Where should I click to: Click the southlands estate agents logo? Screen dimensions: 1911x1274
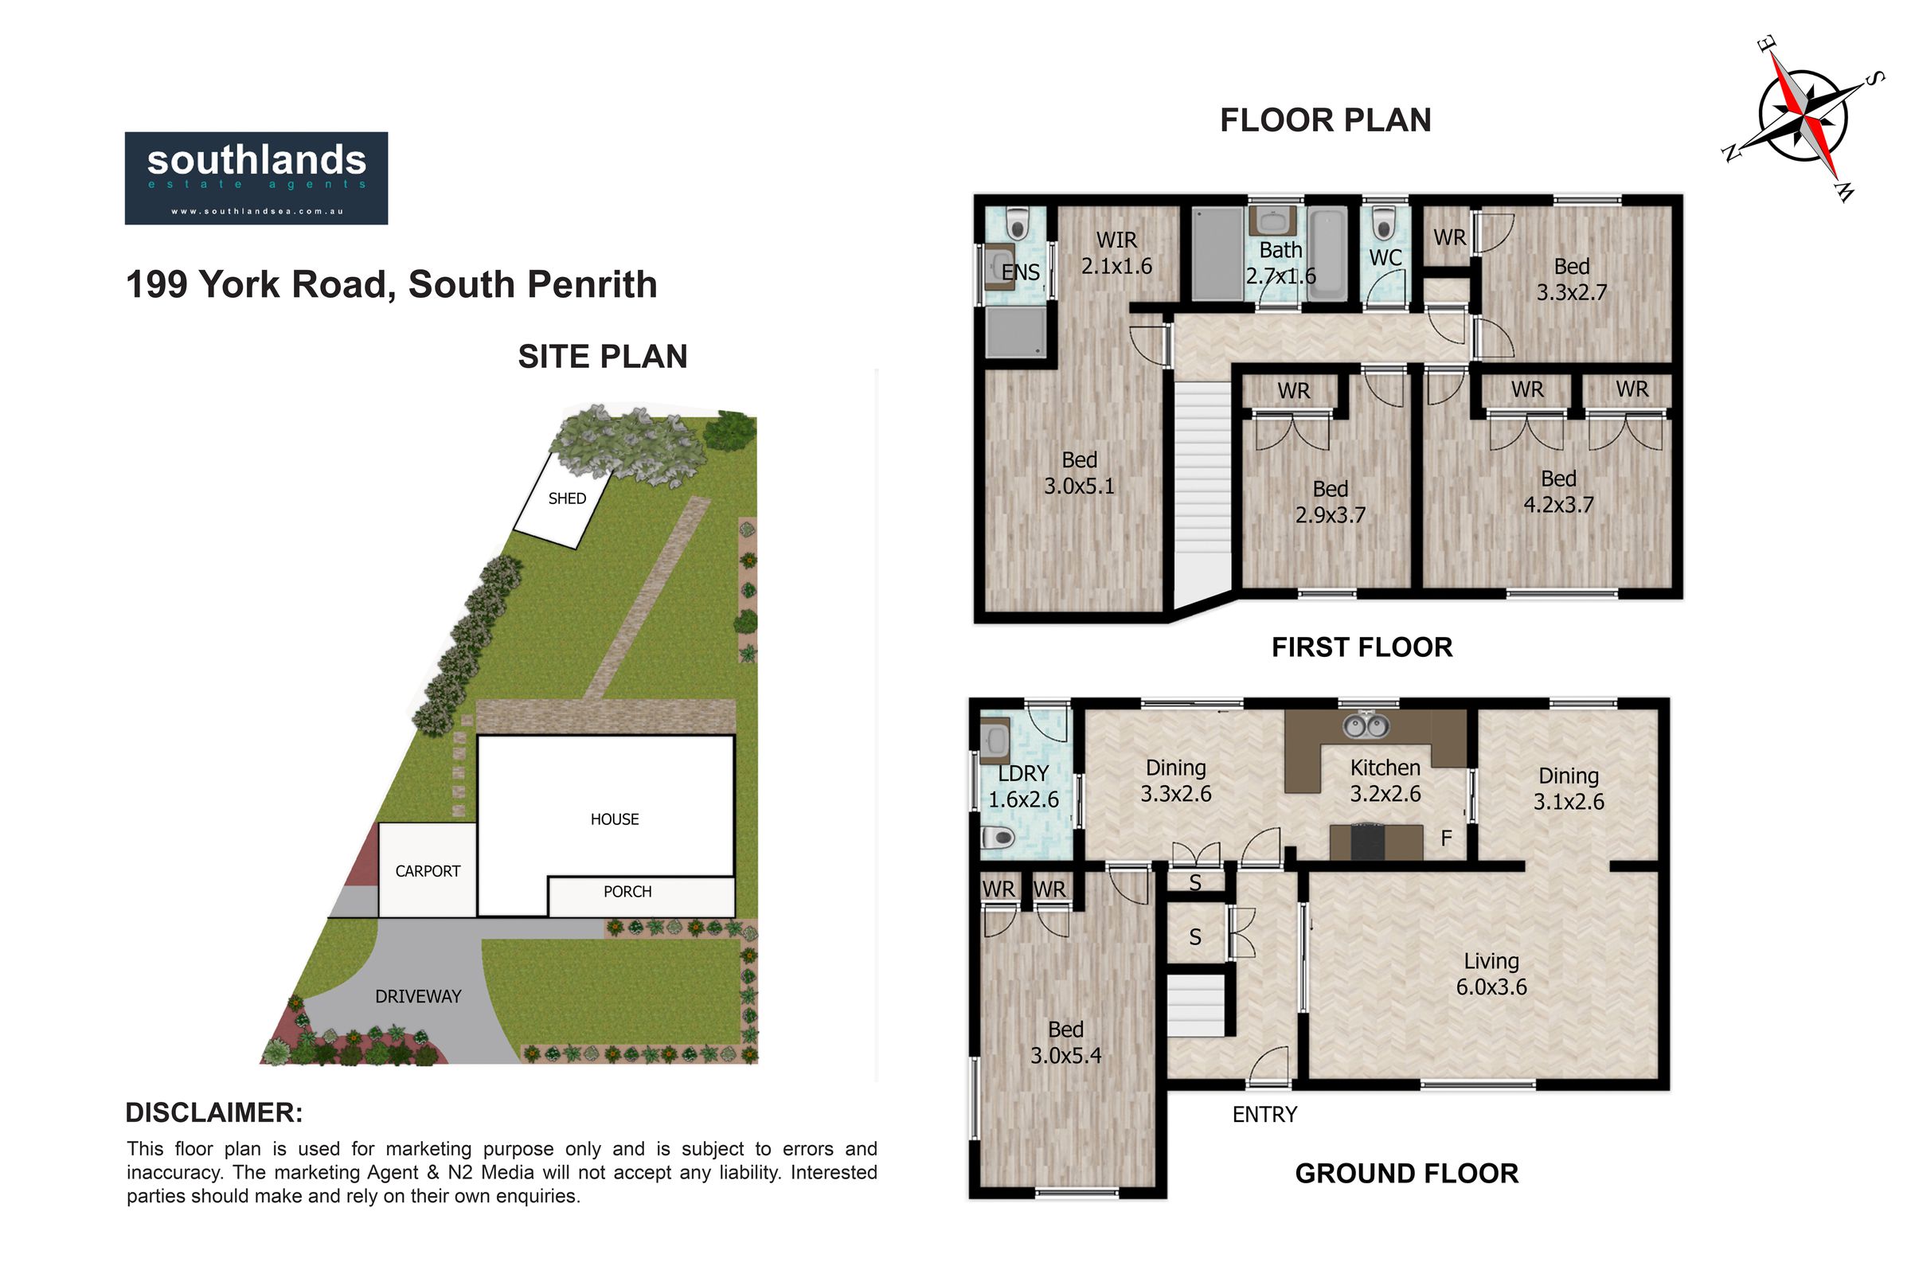(x=256, y=178)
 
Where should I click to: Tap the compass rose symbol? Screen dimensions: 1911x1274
(x=1803, y=119)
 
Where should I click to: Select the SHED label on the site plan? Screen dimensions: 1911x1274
(x=567, y=498)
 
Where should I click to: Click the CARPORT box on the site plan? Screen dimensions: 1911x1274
(x=428, y=870)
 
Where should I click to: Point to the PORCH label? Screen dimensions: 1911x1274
(x=627, y=891)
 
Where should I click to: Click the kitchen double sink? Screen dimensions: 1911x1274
(x=1366, y=725)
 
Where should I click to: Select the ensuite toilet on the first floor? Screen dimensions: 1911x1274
(x=1017, y=223)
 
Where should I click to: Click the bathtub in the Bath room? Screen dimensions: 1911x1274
(x=1328, y=256)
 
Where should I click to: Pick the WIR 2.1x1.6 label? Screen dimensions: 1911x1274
(x=1116, y=252)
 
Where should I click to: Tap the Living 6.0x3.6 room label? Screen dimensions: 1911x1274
(x=1491, y=973)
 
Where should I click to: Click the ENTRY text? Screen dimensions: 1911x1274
(x=1264, y=1115)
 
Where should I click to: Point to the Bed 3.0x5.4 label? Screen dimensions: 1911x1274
(x=1066, y=1042)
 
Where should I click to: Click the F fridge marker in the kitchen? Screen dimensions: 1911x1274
(x=1446, y=838)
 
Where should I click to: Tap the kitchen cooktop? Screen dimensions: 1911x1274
(x=1368, y=842)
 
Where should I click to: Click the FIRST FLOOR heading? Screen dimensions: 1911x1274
(x=1362, y=647)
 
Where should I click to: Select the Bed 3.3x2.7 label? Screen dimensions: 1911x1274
(x=1571, y=279)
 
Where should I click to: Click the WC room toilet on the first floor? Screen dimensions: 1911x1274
(x=1384, y=225)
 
